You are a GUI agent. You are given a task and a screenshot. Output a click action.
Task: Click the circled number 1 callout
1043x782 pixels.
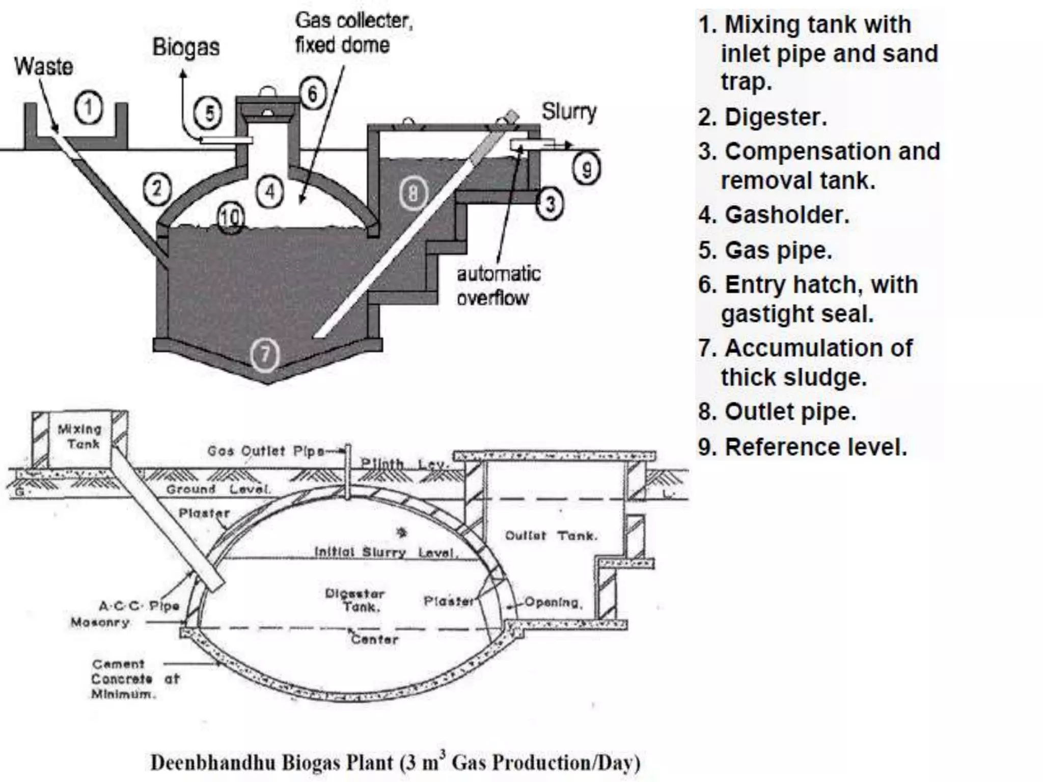click(x=89, y=108)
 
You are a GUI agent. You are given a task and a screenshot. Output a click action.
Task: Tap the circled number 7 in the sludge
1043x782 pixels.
click(x=265, y=354)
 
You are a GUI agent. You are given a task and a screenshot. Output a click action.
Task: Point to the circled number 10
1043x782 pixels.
click(x=230, y=218)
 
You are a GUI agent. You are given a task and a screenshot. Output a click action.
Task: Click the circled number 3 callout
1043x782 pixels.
click(x=550, y=204)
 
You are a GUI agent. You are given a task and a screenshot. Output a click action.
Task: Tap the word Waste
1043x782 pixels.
click(x=43, y=67)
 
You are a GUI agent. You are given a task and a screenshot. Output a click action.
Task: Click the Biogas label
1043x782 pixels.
click(x=186, y=47)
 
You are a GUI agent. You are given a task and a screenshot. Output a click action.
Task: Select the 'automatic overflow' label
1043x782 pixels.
click(x=498, y=286)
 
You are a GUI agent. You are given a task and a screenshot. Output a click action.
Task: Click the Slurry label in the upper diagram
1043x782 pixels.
click(x=568, y=111)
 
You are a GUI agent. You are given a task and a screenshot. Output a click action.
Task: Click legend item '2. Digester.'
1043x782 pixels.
click(x=762, y=117)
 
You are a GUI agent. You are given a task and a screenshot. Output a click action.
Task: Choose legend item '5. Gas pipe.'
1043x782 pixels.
click(x=765, y=250)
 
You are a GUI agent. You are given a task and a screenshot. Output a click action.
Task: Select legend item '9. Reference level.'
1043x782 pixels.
click(x=803, y=447)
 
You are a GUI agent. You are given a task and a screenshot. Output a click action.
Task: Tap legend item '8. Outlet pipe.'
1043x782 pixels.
click(x=777, y=411)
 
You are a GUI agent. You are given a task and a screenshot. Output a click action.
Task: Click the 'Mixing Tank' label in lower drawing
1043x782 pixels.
click(x=80, y=436)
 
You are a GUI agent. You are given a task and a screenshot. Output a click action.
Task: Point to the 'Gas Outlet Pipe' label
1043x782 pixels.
click(x=265, y=451)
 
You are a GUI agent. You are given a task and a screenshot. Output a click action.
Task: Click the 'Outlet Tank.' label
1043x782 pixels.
click(x=551, y=536)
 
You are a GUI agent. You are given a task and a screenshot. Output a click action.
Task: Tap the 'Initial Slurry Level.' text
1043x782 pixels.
click(x=386, y=552)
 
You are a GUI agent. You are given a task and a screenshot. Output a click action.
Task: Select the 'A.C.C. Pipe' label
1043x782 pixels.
click(x=139, y=606)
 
